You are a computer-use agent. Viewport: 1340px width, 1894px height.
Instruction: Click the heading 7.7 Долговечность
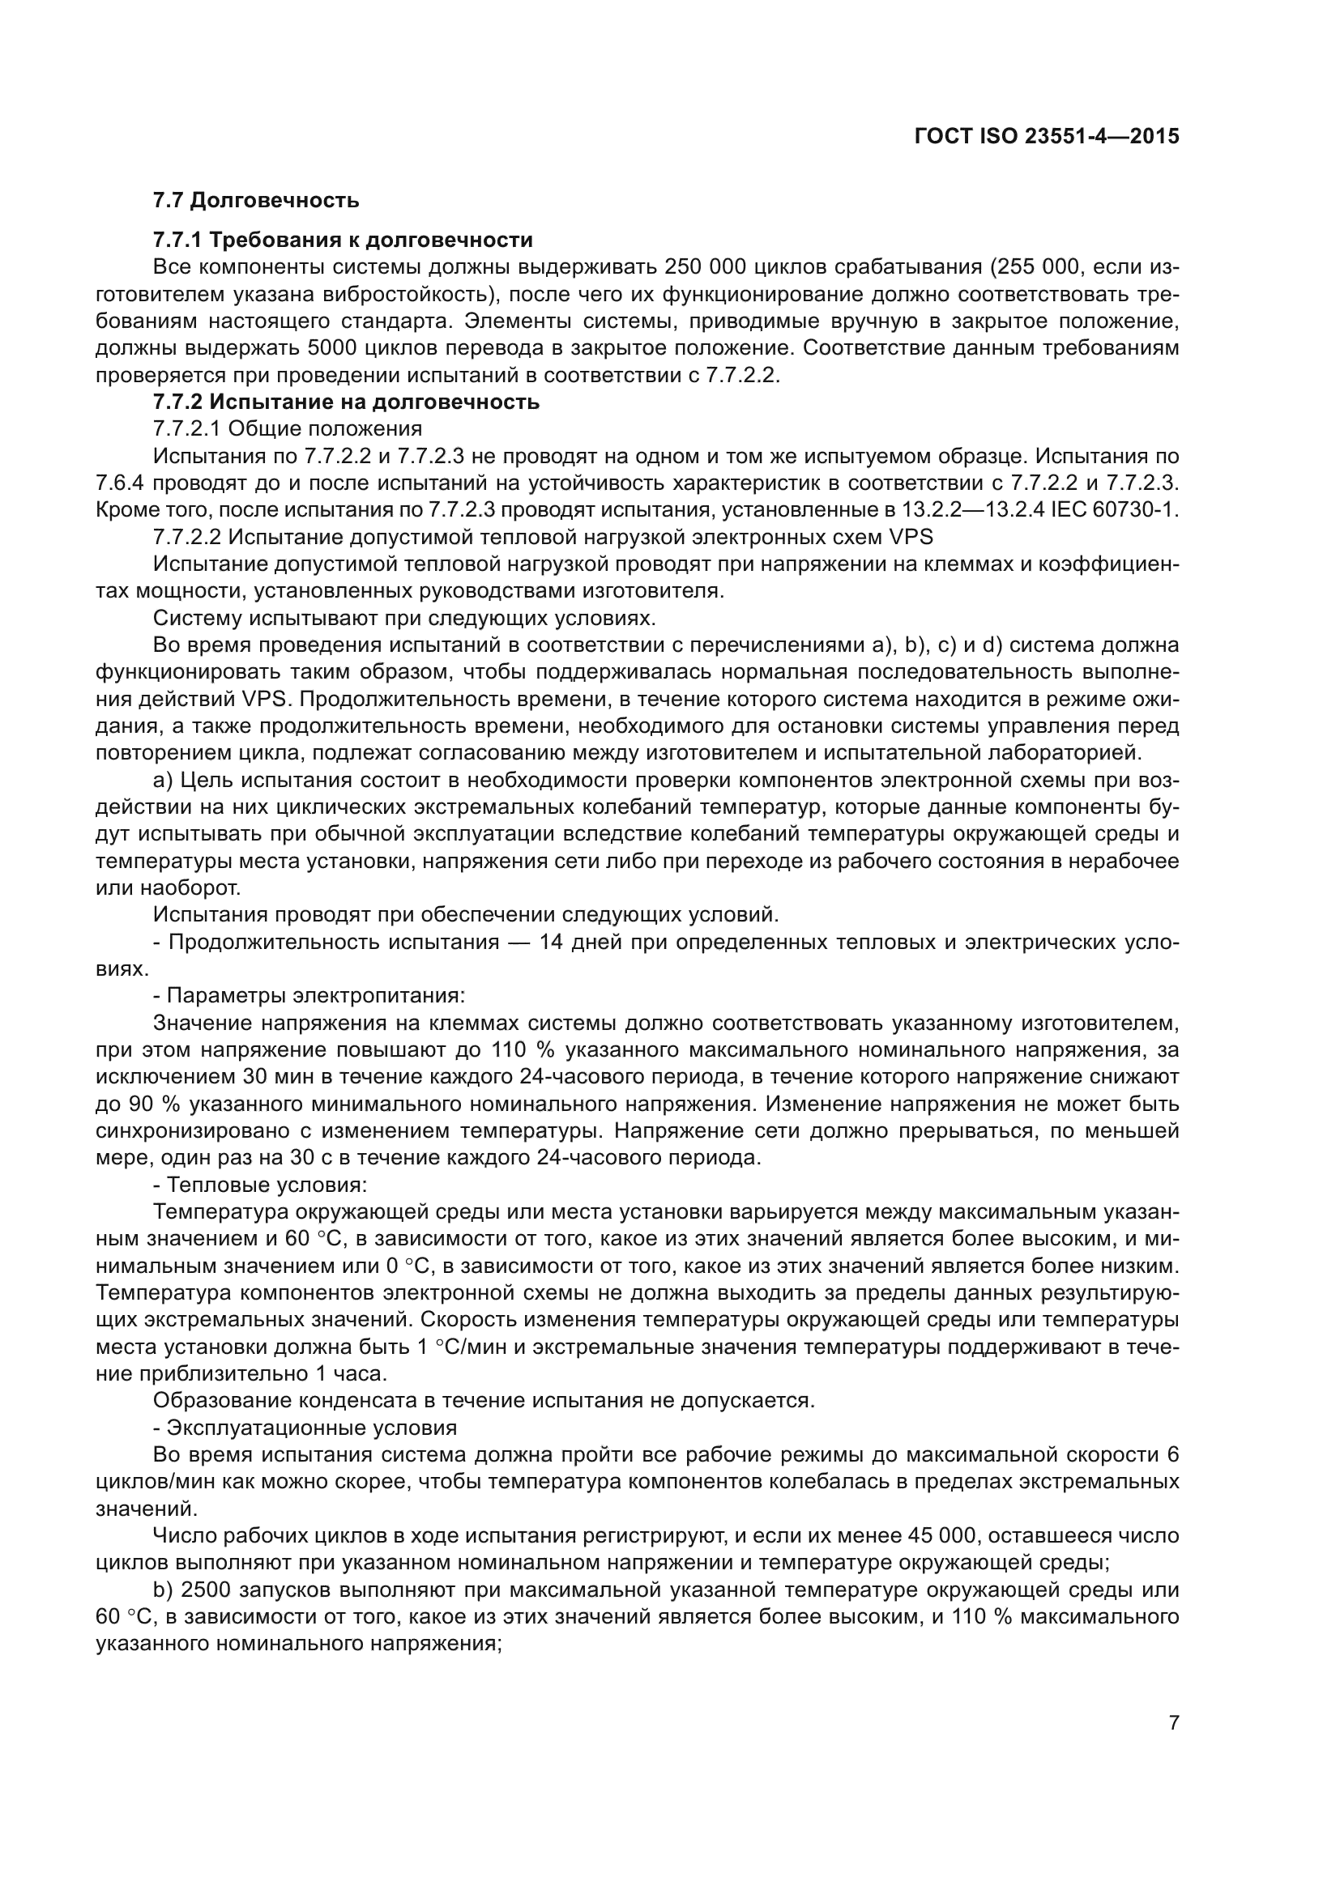point(256,201)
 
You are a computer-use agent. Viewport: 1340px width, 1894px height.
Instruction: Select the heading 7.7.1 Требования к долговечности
point(343,240)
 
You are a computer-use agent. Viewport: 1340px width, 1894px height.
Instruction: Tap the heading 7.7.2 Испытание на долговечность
point(346,402)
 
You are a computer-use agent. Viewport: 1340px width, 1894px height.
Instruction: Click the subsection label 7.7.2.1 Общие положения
point(287,429)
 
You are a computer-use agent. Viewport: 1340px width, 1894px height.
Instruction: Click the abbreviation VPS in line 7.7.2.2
point(911,537)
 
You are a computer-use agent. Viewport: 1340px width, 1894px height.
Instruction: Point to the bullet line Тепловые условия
point(260,1185)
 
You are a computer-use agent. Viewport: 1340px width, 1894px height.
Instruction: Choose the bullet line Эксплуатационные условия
point(305,1428)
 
